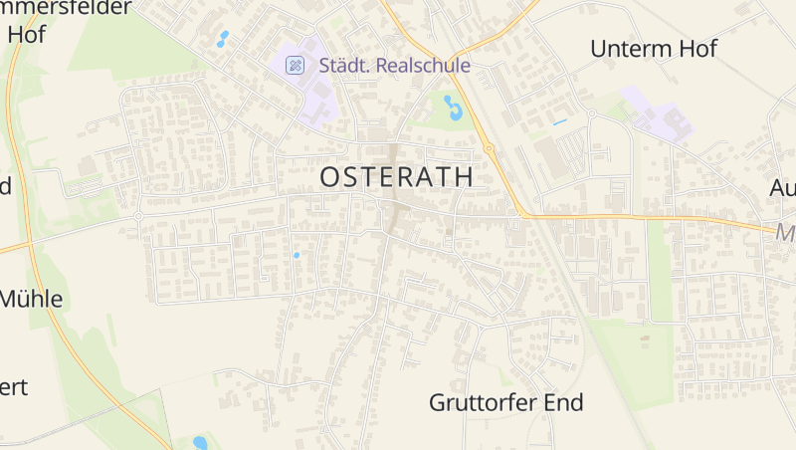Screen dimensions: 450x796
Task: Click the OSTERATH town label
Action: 397,177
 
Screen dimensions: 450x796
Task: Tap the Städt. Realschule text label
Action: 394,66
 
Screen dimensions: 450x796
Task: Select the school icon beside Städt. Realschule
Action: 295,66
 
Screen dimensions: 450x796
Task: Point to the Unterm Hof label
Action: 653,48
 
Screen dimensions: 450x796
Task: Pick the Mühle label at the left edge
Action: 31,299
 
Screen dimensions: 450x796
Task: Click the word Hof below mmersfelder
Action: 27,32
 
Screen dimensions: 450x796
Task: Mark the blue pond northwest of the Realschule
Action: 222,40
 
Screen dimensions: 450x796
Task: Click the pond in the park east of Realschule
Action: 454,107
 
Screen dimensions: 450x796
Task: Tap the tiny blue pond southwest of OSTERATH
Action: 296,256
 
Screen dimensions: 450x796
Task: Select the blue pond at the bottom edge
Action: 200,442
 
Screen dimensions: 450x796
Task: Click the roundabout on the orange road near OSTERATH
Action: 489,149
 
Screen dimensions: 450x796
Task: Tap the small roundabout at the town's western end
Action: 138,215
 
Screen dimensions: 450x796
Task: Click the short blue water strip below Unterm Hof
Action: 559,122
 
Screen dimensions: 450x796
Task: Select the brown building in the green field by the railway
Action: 644,338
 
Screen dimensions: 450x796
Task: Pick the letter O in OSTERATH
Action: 330,177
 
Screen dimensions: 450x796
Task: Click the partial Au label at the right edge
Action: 783,187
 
